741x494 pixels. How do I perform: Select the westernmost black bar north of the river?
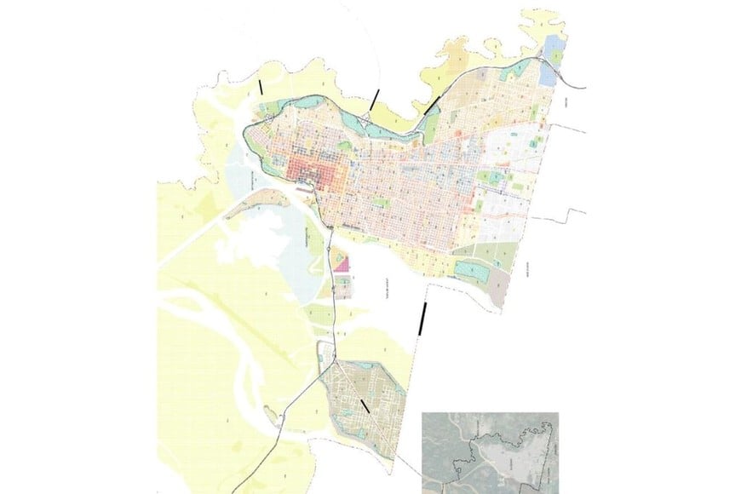(x=261, y=87)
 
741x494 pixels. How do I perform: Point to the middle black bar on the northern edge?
(x=373, y=101)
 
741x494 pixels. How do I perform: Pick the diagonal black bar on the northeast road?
(x=433, y=103)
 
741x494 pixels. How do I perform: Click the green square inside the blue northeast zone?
(x=558, y=57)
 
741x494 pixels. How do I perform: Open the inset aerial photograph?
(x=490, y=451)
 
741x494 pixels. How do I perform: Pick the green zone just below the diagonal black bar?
(x=430, y=128)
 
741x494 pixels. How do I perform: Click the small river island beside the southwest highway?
(x=275, y=418)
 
